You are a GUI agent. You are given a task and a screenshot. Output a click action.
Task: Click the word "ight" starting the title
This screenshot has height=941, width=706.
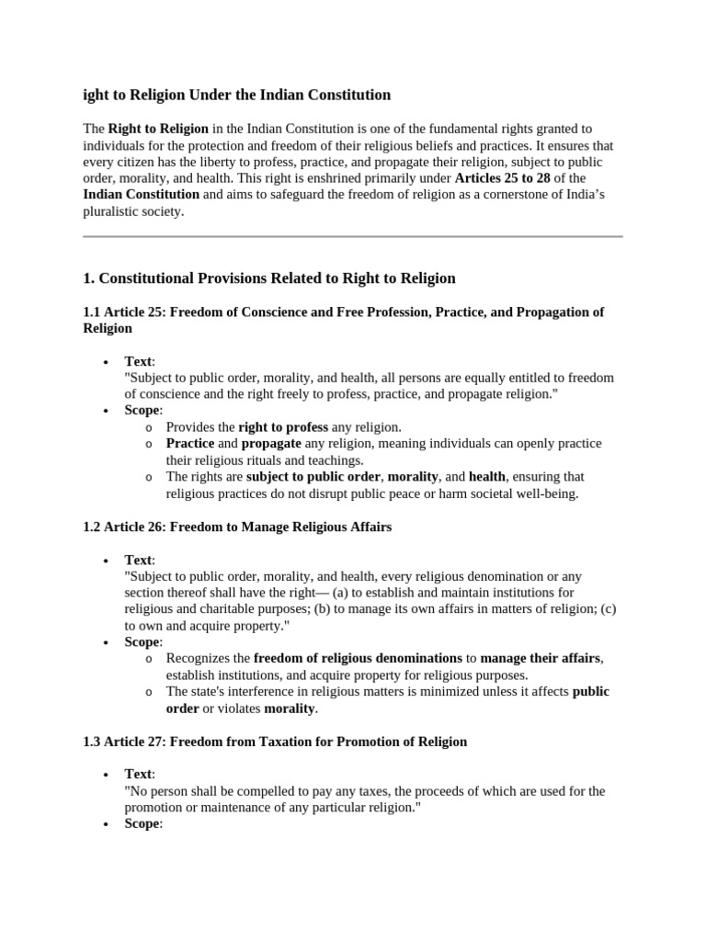coord(96,95)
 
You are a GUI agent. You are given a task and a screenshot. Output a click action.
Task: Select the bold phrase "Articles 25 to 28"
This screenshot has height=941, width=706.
coord(502,177)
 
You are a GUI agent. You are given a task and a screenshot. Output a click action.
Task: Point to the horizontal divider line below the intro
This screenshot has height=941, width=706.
coord(353,236)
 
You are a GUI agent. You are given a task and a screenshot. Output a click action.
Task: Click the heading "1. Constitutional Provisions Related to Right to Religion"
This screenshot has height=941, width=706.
coord(269,278)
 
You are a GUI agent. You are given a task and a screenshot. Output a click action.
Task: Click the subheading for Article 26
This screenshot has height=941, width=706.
coord(237,527)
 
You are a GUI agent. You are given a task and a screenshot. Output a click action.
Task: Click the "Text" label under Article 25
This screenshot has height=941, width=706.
coord(138,361)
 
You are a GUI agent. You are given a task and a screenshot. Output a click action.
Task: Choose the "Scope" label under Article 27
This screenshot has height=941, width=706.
coord(142,823)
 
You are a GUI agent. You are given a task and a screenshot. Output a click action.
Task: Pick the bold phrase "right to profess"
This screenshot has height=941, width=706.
coord(281,427)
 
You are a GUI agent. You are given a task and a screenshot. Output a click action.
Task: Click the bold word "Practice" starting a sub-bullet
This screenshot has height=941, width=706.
coord(190,444)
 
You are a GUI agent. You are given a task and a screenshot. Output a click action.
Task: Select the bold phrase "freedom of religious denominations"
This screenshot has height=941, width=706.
coord(358,658)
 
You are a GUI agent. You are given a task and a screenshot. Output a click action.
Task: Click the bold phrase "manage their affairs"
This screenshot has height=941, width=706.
coord(541,658)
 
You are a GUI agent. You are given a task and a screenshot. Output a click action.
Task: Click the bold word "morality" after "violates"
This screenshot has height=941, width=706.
coord(290,709)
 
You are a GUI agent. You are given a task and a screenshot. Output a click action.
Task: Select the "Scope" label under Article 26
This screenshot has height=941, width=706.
coord(142,641)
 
